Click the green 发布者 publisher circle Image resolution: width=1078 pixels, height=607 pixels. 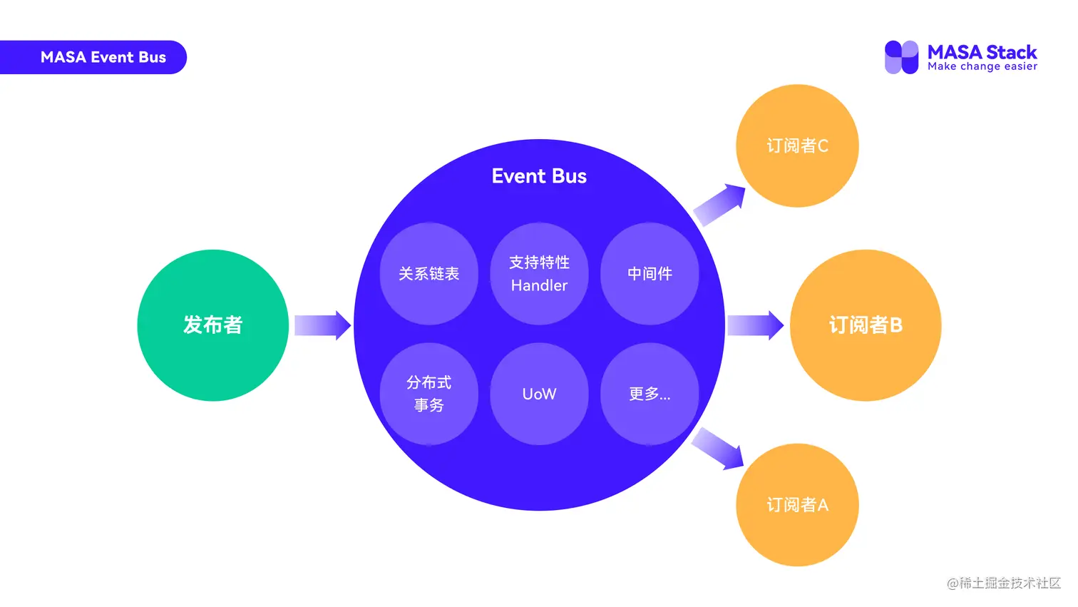[212, 325]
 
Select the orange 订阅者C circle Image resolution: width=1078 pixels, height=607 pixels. [797, 146]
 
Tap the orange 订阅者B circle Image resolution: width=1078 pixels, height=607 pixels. [866, 325]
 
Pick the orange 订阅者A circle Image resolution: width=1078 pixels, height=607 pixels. [797, 505]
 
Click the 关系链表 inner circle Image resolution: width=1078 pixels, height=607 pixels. [428, 274]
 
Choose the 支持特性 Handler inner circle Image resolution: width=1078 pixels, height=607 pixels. [539, 274]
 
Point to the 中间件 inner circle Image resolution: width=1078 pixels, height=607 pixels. [650, 274]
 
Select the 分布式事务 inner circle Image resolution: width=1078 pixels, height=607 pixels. [428, 394]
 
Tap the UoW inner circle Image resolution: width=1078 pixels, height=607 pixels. [539, 394]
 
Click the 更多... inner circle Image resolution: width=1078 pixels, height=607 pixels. [650, 394]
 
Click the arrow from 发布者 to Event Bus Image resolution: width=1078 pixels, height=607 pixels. [322, 325]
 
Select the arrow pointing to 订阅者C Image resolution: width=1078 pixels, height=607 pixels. [719, 205]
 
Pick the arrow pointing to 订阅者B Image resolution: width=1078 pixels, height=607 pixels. [755, 325]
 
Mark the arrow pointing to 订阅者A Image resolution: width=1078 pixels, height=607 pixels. [718, 448]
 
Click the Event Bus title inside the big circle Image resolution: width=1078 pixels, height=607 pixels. [539, 176]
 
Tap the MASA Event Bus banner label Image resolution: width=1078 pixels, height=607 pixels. [103, 57]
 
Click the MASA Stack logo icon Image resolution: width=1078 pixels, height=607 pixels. [901, 57]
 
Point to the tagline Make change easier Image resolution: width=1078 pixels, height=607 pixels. [982, 66]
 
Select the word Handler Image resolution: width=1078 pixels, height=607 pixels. [539, 285]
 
